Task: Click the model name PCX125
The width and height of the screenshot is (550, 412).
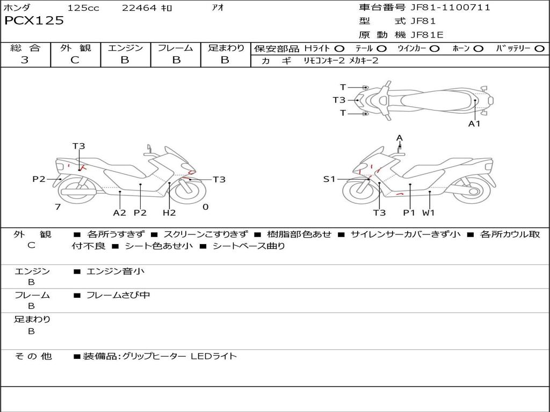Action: pyautogui.click(x=34, y=21)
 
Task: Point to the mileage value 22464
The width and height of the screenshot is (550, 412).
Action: pyautogui.click(x=139, y=8)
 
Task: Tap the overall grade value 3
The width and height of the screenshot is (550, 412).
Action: pyautogui.click(x=25, y=60)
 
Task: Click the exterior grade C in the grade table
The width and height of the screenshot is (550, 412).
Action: pyautogui.click(x=75, y=60)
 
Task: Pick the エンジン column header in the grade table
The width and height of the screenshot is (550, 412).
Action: pyautogui.click(x=125, y=48)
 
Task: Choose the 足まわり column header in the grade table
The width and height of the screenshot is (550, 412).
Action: pyautogui.click(x=226, y=48)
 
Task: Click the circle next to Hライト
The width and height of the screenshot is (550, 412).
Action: pyautogui.click(x=339, y=48)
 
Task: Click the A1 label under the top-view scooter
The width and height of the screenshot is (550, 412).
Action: pyautogui.click(x=474, y=124)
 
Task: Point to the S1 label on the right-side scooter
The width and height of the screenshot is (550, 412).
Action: pyautogui.click(x=329, y=179)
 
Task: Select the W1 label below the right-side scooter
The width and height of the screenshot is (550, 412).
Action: pyautogui.click(x=428, y=212)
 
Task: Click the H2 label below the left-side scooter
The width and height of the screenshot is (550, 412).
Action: pyautogui.click(x=169, y=212)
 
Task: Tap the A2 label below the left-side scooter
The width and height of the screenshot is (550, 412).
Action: pyautogui.click(x=119, y=212)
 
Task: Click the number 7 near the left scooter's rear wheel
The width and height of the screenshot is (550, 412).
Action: pyautogui.click(x=57, y=207)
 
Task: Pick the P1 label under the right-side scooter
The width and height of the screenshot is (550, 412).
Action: pyautogui.click(x=409, y=212)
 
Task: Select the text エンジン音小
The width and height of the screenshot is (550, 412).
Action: pyautogui.click(x=115, y=271)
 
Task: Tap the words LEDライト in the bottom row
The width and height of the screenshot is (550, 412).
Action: pyautogui.click(x=214, y=356)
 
